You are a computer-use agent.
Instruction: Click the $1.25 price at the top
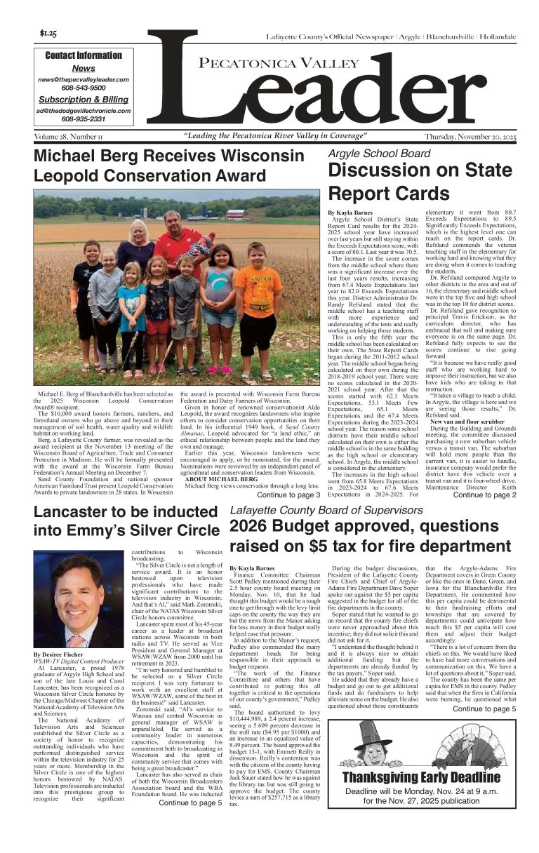point(48,34)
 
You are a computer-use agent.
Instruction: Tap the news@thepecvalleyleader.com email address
point(84,80)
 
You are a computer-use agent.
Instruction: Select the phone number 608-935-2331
point(84,119)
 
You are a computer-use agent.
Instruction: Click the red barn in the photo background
point(235,213)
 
